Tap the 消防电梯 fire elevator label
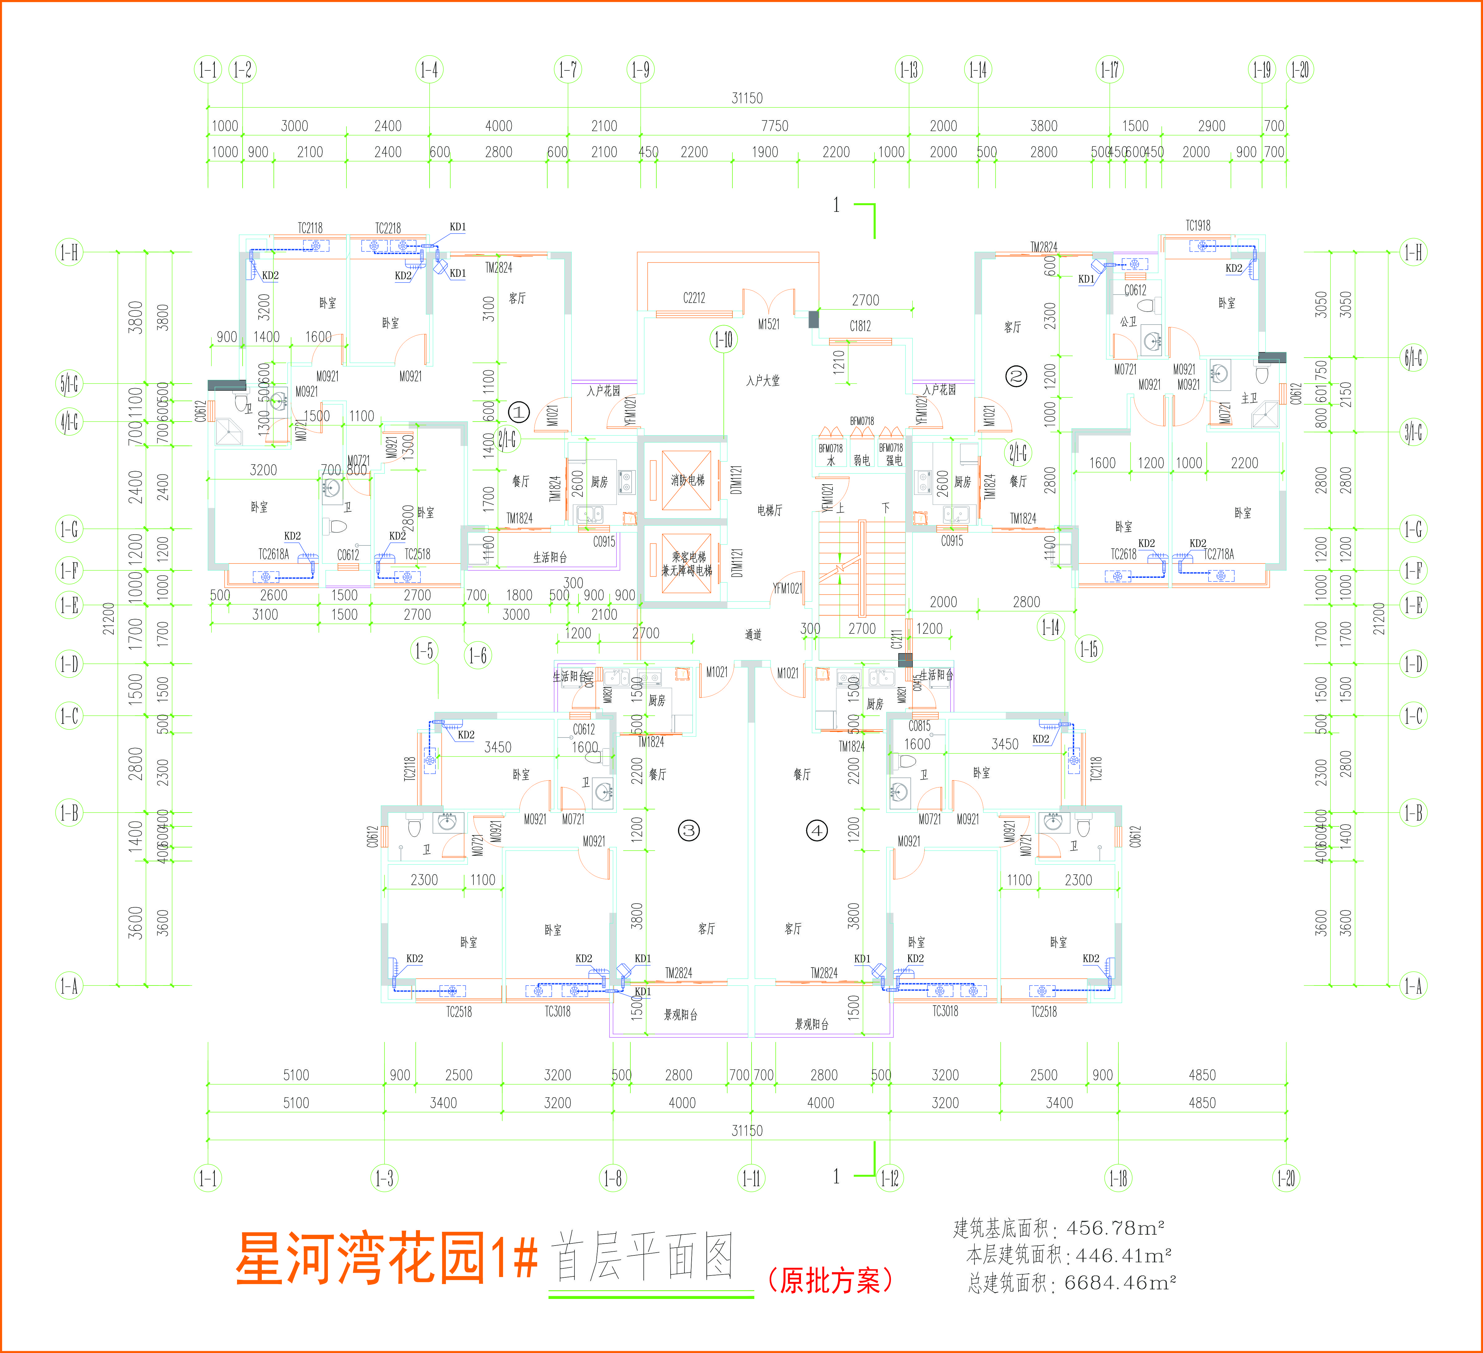tap(687, 480)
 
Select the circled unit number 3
tap(689, 831)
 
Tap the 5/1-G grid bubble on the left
tap(69, 383)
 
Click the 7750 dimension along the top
tap(775, 126)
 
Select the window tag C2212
tap(694, 298)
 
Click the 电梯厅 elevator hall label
tap(769, 510)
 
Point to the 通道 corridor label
tap(753, 635)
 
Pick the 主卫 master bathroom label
tap(1249, 398)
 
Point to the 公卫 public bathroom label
tap(1129, 321)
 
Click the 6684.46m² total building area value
tap(1120, 1283)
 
